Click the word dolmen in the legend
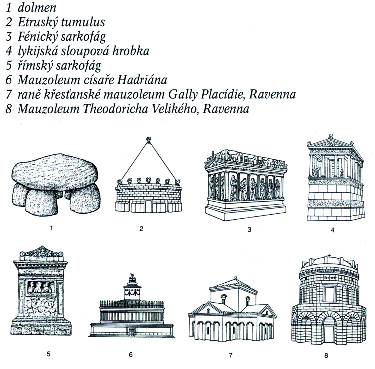(37, 8)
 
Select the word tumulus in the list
(83, 22)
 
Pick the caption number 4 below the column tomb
(333, 230)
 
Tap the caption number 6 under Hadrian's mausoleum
(131, 354)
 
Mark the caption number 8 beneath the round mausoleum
(326, 355)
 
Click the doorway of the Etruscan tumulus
(148, 206)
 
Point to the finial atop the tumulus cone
(149, 140)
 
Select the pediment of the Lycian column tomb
(330, 143)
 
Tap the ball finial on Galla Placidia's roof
(235, 277)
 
